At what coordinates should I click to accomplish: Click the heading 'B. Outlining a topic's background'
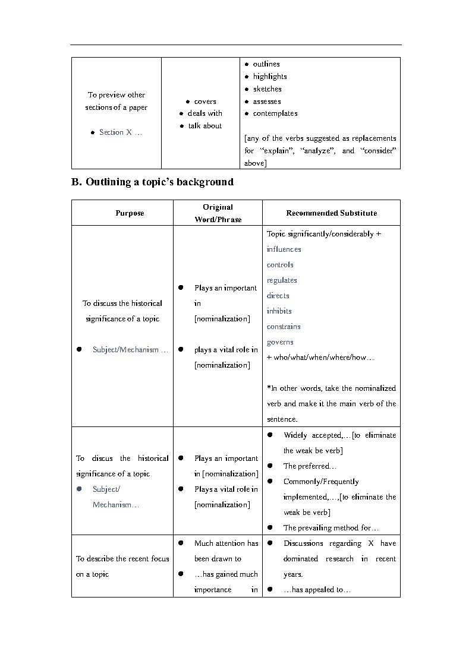153,182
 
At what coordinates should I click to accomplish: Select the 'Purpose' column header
130,213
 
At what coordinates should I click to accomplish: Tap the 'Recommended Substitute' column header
331,213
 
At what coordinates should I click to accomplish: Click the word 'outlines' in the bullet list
266,64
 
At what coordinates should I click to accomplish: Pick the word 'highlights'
270,77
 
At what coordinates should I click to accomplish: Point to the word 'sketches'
268,89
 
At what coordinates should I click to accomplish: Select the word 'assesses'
267,102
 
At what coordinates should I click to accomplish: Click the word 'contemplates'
275,113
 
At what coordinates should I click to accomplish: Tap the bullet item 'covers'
205,102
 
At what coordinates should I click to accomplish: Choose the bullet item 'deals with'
205,113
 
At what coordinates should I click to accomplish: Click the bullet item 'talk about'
205,126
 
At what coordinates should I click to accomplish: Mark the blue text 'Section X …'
121,132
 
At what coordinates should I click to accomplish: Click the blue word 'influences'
284,249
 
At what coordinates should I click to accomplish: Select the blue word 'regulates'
282,280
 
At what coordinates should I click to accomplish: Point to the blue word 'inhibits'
279,311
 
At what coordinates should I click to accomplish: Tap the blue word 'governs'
280,342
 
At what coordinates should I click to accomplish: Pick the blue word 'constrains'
284,327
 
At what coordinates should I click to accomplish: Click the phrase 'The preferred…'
310,466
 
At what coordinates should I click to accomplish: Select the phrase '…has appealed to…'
317,590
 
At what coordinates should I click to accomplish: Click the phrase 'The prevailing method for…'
331,528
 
